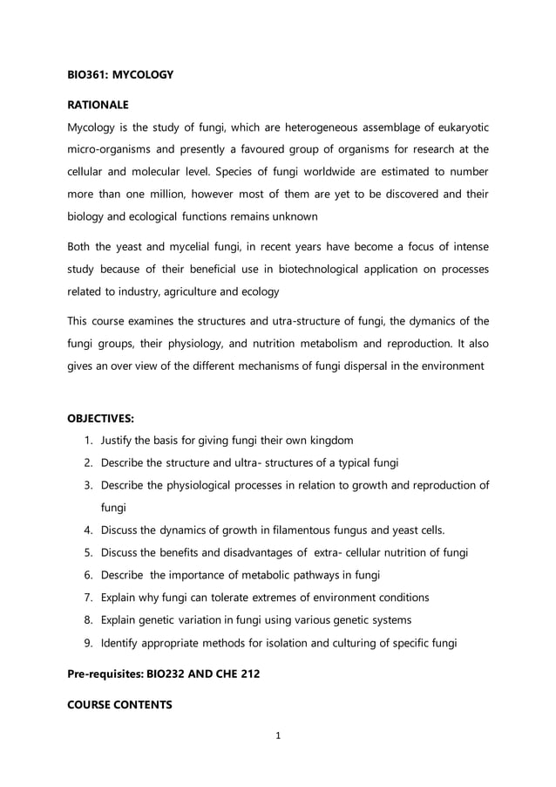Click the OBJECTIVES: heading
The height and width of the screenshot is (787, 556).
101,419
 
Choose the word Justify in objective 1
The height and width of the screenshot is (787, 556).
118,439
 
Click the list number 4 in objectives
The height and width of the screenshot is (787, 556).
88,530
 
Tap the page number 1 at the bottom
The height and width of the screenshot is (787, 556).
277,736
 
